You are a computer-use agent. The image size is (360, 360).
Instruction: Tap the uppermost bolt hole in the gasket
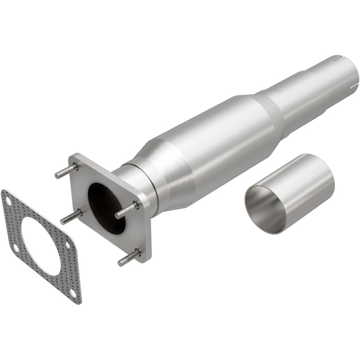coord(7,197)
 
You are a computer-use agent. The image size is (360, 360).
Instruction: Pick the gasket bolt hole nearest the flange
coord(67,245)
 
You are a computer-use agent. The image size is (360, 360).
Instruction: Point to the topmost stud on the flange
coord(64,170)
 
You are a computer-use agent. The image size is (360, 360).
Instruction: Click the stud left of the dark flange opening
coord(70,217)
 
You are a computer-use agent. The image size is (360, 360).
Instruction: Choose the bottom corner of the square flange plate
coord(147,260)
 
